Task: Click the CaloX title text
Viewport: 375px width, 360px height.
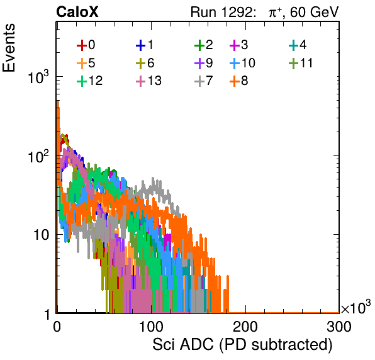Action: coord(77,12)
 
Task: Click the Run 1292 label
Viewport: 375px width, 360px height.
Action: coord(221,12)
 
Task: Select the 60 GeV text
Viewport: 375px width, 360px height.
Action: coord(315,12)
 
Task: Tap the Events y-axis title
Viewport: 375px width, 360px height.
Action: coord(9,48)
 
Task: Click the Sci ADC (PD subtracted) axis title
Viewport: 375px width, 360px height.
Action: coord(242,345)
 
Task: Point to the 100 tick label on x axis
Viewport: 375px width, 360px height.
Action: coord(151,327)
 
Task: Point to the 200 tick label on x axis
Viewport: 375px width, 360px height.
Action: coord(245,327)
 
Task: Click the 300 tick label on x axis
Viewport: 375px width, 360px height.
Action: coord(339,327)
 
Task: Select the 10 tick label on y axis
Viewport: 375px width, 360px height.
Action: coord(41,235)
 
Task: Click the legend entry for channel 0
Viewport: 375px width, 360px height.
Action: coord(86,45)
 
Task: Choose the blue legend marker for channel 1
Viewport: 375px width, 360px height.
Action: coord(141,45)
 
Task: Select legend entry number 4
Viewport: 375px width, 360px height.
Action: coord(298,45)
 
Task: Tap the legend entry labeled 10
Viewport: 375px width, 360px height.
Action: coord(242,63)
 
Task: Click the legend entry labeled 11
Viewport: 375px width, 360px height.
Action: coord(301,63)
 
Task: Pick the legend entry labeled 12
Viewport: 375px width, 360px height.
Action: coord(90,81)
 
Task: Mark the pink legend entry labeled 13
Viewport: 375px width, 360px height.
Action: coord(148,81)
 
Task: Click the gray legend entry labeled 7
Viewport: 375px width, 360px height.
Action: coord(204,81)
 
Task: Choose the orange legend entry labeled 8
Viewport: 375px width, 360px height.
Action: coord(238,81)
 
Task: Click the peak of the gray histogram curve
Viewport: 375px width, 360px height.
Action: coord(153,178)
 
